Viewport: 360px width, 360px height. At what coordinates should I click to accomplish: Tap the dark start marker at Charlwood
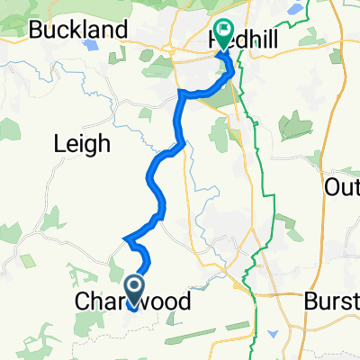(x=134, y=288)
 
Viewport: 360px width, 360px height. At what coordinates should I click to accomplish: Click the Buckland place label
(x=77, y=30)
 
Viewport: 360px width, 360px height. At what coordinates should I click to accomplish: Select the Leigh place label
(x=82, y=142)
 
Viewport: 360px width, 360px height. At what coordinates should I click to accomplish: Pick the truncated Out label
(x=342, y=187)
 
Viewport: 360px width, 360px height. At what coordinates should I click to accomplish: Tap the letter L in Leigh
(x=60, y=142)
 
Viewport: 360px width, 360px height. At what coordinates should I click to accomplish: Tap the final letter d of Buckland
(x=120, y=30)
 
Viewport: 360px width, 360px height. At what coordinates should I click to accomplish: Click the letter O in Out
(x=330, y=187)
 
